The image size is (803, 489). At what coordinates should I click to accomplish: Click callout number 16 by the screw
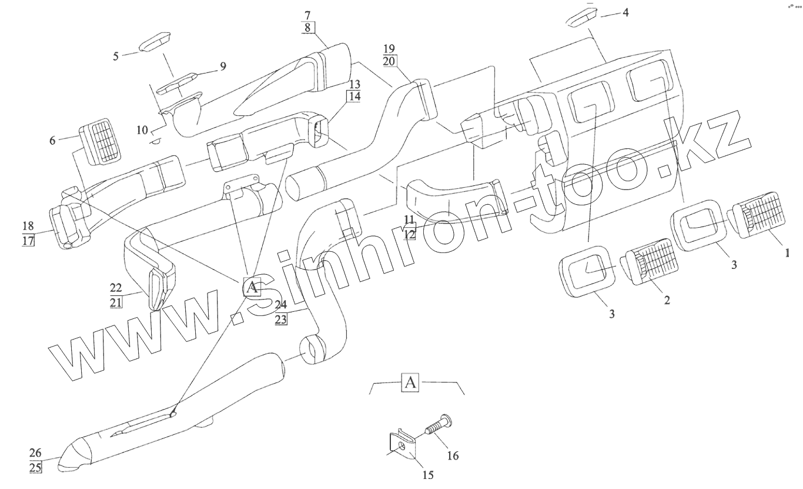[454, 455]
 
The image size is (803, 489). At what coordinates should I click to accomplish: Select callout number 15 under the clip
[428, 474]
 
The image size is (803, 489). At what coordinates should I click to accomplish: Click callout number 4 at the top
[625, 12]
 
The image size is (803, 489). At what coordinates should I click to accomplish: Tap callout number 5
[116, 56]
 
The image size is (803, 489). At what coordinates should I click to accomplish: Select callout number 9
[223, 66]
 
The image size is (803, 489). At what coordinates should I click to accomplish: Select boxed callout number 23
[280, 320]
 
